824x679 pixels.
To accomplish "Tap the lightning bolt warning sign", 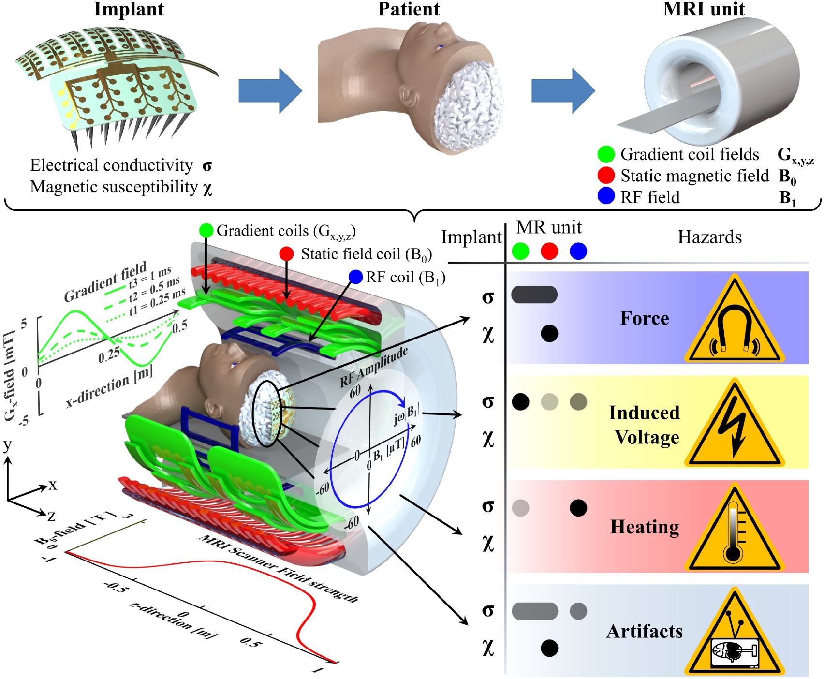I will click(x=734, y=428).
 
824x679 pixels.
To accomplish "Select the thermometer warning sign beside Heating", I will click(x=734, y=532).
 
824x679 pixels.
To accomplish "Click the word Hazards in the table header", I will click(x=709, y=237).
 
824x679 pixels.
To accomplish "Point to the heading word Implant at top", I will click(x=129, y=9).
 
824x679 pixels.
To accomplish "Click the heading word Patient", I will click(x=409, y=9).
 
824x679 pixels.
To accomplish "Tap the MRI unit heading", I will click(x=704, y=9).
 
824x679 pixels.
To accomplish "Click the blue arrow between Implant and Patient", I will click(x=270, y=91).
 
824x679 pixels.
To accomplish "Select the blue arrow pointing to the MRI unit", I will click(x=563, y=91).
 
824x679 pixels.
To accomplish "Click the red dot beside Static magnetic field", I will click(x=606, y=175).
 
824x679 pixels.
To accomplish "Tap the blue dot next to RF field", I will click(x=606, y=196).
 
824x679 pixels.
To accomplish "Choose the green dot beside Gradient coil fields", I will click(x=606, y=154).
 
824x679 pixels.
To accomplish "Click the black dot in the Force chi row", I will click(x=549, y=333).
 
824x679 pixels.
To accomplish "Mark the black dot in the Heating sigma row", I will click(x=578, y=508).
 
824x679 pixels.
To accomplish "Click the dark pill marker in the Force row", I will click(x=534, y=295).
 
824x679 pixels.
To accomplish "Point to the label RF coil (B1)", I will click(x=405, y=278).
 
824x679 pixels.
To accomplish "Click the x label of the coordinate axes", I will click(x=52, y=485).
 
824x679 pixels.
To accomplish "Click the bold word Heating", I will click(x=645, y=527).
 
